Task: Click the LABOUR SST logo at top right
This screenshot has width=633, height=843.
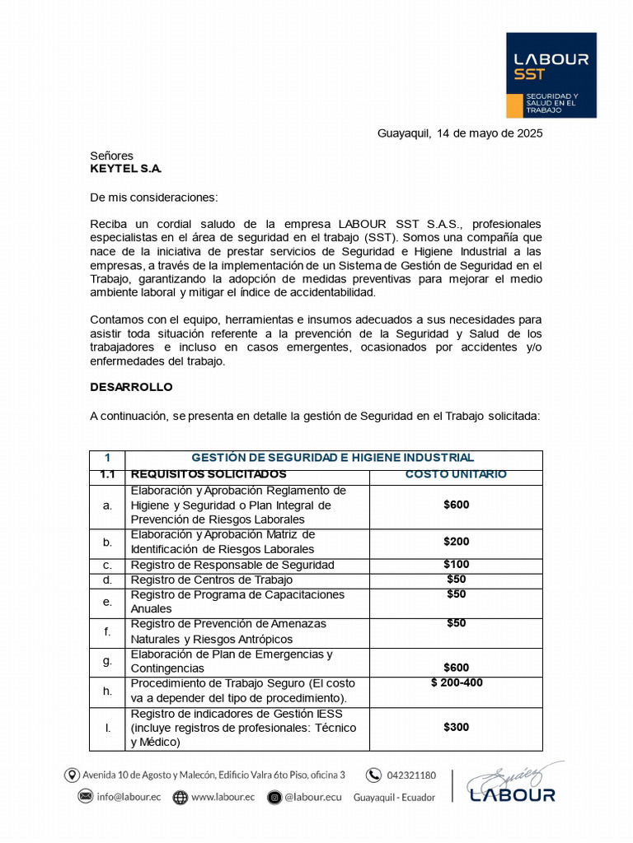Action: [551, 75]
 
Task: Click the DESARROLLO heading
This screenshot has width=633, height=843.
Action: [131, 387]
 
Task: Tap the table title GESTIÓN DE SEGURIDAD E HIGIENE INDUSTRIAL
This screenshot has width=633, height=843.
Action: [332, 458]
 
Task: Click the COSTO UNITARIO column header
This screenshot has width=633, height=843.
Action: [455, 475]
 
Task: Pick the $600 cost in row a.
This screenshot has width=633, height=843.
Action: [455, 505]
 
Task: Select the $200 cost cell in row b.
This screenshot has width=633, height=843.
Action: [455, 541]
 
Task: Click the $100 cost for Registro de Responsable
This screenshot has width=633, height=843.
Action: [455, 565]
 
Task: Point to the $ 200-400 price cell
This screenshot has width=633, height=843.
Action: [457, 683]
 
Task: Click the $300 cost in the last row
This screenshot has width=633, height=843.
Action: [455, 727]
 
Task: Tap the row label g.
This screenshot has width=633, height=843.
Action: [107, 661]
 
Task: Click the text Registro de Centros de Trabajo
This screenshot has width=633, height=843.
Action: [211, 580]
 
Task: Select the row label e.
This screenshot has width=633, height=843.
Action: [107, 602]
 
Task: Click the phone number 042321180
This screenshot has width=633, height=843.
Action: [411, 775]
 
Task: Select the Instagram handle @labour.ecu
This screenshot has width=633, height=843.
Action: [313, 797]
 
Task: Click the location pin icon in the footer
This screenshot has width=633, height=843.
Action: [72, 775]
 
